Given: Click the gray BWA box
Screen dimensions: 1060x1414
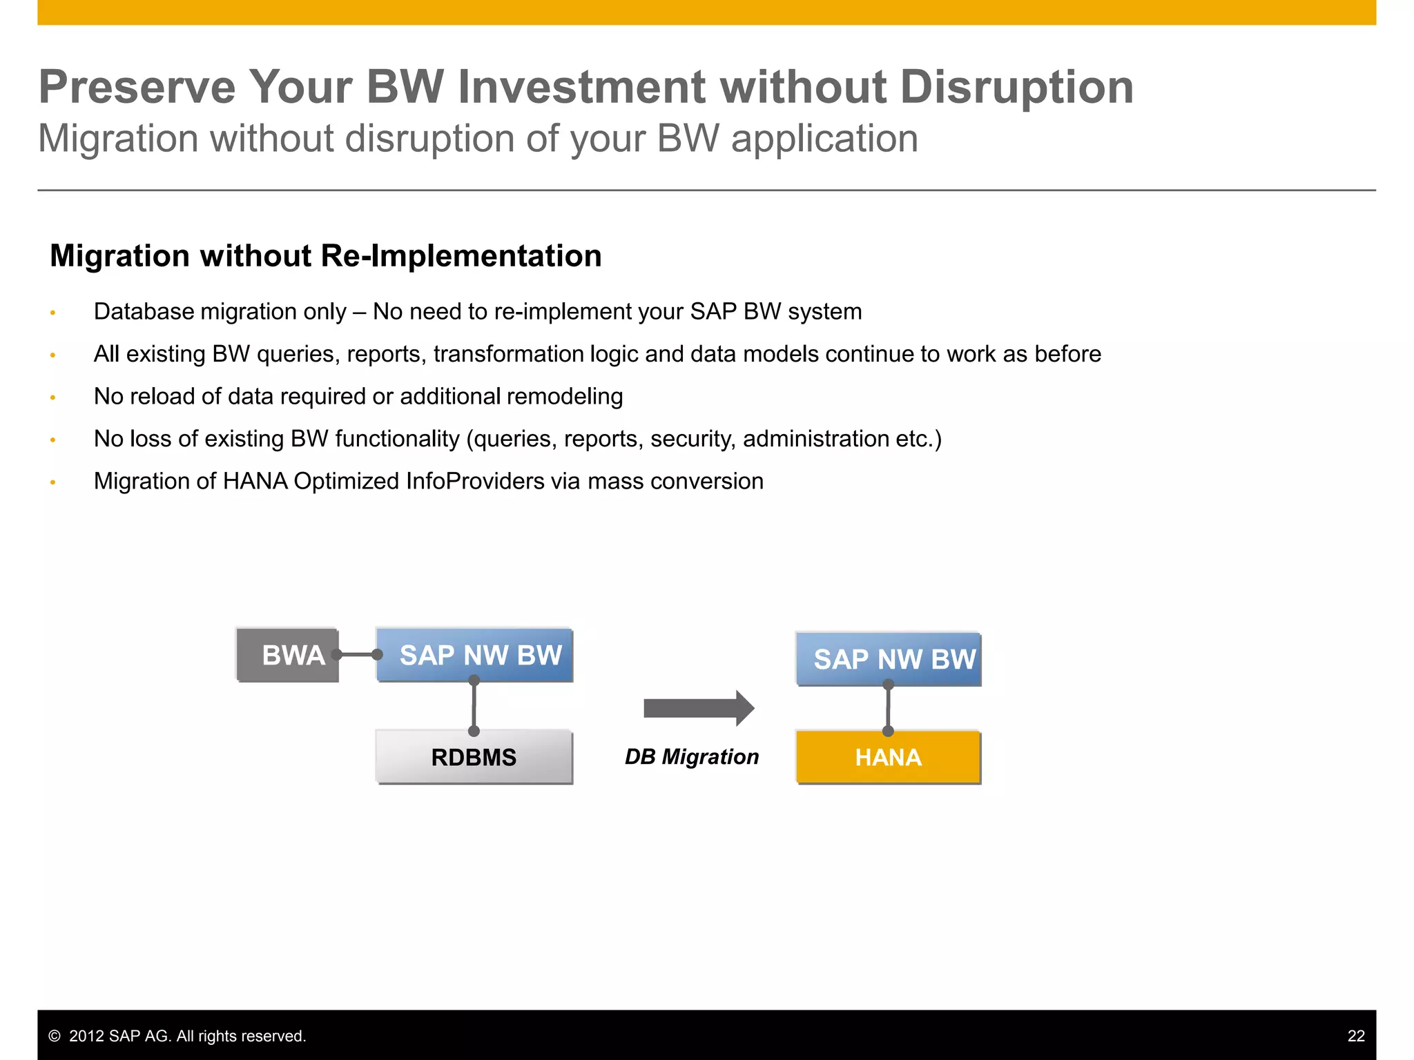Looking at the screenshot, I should [x=287, y=654].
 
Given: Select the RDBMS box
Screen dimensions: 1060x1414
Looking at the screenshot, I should [x=474, y=757].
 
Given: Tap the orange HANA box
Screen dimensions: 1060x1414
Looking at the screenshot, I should [x=888, y=757].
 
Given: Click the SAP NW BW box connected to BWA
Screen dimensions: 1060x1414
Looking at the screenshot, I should [x=481, y=654].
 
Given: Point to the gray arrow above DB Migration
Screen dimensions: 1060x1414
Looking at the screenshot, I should [x=697, y=708].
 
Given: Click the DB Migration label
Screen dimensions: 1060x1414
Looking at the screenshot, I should [x=691, y=757].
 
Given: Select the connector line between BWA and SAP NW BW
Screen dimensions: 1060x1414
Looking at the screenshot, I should [x=357, y=654].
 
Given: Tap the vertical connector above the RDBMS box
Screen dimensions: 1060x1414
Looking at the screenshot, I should [x=474, y=706].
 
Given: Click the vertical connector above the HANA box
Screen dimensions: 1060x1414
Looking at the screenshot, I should [x=888, y=708].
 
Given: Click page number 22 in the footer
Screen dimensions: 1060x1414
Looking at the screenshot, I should [x=1355, y=1036].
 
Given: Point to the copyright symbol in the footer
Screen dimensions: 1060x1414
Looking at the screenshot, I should [x=55, y=1036].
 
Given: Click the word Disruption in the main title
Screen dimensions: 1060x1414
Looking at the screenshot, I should [x=1016, y=88].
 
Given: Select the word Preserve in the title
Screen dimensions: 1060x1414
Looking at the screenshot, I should [x=137, y=88].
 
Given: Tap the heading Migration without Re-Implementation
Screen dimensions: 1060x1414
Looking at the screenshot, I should [x=325, y=256].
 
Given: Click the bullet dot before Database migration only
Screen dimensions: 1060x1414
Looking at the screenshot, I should [x=52, y=313].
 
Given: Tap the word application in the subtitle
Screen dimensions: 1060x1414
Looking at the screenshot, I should [x=824, y=139].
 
